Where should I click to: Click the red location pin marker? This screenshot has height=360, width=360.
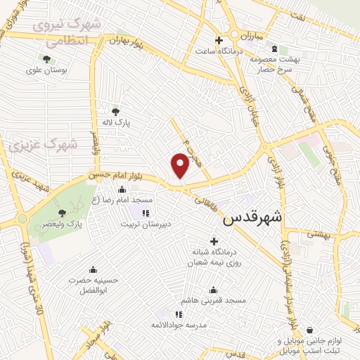180,165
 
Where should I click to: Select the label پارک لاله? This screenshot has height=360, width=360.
116,122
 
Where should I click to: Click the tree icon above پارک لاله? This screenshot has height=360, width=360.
116,110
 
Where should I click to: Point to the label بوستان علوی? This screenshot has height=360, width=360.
46,70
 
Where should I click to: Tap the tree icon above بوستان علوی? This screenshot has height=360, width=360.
46,59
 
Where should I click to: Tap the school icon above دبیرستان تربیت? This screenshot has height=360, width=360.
146,213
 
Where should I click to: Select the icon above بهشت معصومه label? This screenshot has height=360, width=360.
284,49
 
